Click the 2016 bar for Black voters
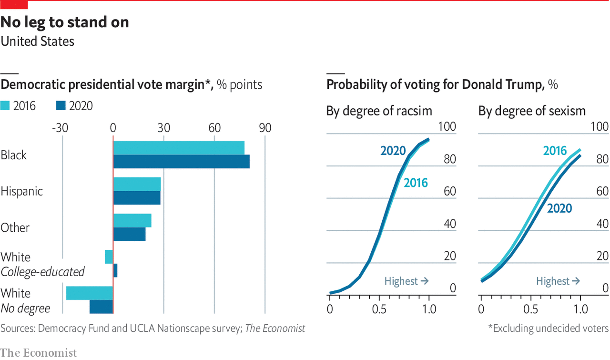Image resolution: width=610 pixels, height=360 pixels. point(179,148)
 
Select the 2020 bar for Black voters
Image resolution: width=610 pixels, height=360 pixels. point(181,162)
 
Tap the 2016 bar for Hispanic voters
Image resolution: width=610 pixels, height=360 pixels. point(137,184)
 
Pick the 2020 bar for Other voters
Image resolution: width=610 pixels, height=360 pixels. point(129,234)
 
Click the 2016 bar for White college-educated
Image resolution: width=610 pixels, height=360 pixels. point(109,257)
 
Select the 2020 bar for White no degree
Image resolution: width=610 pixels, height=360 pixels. point(101,307)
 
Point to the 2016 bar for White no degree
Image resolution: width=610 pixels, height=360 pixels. point(89,293)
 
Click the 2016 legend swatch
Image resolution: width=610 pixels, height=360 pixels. point(5,106)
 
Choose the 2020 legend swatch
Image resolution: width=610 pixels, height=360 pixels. point(61,106)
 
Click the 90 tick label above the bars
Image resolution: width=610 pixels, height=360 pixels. point(265,128)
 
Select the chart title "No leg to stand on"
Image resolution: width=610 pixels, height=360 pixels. point(64,22)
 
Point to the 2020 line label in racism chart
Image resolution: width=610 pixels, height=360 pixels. point(393,151)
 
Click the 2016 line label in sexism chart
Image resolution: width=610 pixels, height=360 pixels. point(555,151)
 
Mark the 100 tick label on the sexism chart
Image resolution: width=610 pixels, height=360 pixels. point(599,127)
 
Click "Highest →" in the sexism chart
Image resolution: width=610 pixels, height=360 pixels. point(558,281)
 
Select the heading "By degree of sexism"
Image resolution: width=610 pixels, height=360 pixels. point(532,111)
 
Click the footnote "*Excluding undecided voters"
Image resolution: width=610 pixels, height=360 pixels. point(548,328)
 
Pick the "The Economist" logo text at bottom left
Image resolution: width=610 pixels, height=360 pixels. point(39,353)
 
